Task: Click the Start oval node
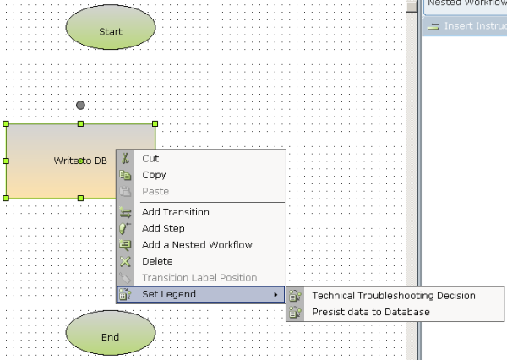tap(111, 31)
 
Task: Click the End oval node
tap(111, 336)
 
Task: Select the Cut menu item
tap(150, 158)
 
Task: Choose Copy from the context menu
tap(154, 175)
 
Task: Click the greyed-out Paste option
tap(155, 191)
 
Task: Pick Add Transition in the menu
tap(175, 212)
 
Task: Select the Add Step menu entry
tap(163, 228)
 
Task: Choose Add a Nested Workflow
tap(197, 245)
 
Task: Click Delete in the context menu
tap(157, 261)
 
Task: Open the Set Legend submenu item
tap(169, 294)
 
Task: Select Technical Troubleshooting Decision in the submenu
tap(394, 296)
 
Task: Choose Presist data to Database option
tap(371, 312)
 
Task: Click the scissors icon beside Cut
tap(126, 158)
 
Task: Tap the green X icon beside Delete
tap(126, 261)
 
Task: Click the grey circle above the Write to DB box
tap(80, 105)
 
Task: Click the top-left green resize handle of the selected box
tap(6, 124)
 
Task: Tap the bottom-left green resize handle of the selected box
tap(6, 198)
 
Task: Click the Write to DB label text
tap(80, 161)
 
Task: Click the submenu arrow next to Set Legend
tap(276, 294)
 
